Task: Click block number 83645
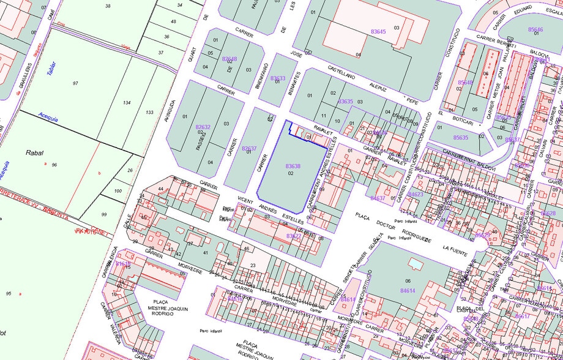[378, 31]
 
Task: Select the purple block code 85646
[535, 30]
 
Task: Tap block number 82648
[229, 59]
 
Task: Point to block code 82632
[203, 127]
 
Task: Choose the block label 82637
[249, 148]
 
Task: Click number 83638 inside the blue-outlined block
[293, 167]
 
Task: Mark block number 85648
[466, 82]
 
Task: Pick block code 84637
[378, 198]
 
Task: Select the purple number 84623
[416, 195]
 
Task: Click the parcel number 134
[127, 103]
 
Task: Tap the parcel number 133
[149, 113]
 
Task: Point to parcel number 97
[76, 83]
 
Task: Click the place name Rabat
[34, 152]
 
